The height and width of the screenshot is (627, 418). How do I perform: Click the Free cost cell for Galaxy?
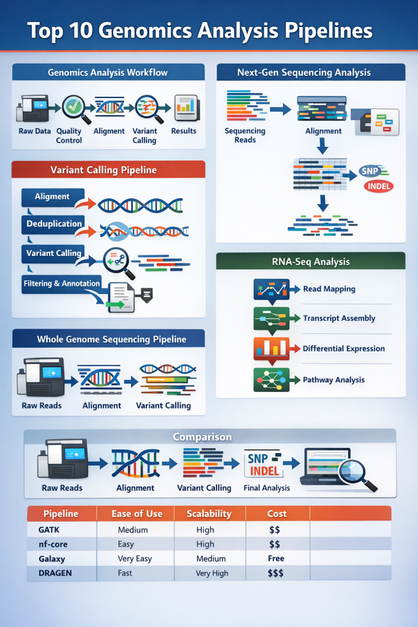(x=275, y=558)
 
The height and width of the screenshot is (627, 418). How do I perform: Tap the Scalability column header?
(x=209, y=514)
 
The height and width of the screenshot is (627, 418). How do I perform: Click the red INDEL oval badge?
(x=378, y=187)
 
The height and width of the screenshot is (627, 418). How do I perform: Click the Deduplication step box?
(x=54, y=224)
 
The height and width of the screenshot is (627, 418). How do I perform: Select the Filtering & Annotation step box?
(x=61, y=283)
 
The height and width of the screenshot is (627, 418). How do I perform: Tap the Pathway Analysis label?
(x=334, y=380)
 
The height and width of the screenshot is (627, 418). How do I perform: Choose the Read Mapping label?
(x=329, y=289)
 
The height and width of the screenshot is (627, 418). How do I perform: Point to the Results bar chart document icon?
(x=185, y=108)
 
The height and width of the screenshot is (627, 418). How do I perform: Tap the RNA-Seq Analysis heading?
(x=311, y=261)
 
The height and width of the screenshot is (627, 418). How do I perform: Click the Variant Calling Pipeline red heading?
(x=108, y=170)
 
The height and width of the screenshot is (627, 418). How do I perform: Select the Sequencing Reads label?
(x=245, y=135)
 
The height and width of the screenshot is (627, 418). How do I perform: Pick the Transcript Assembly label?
(x=339, y=318)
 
